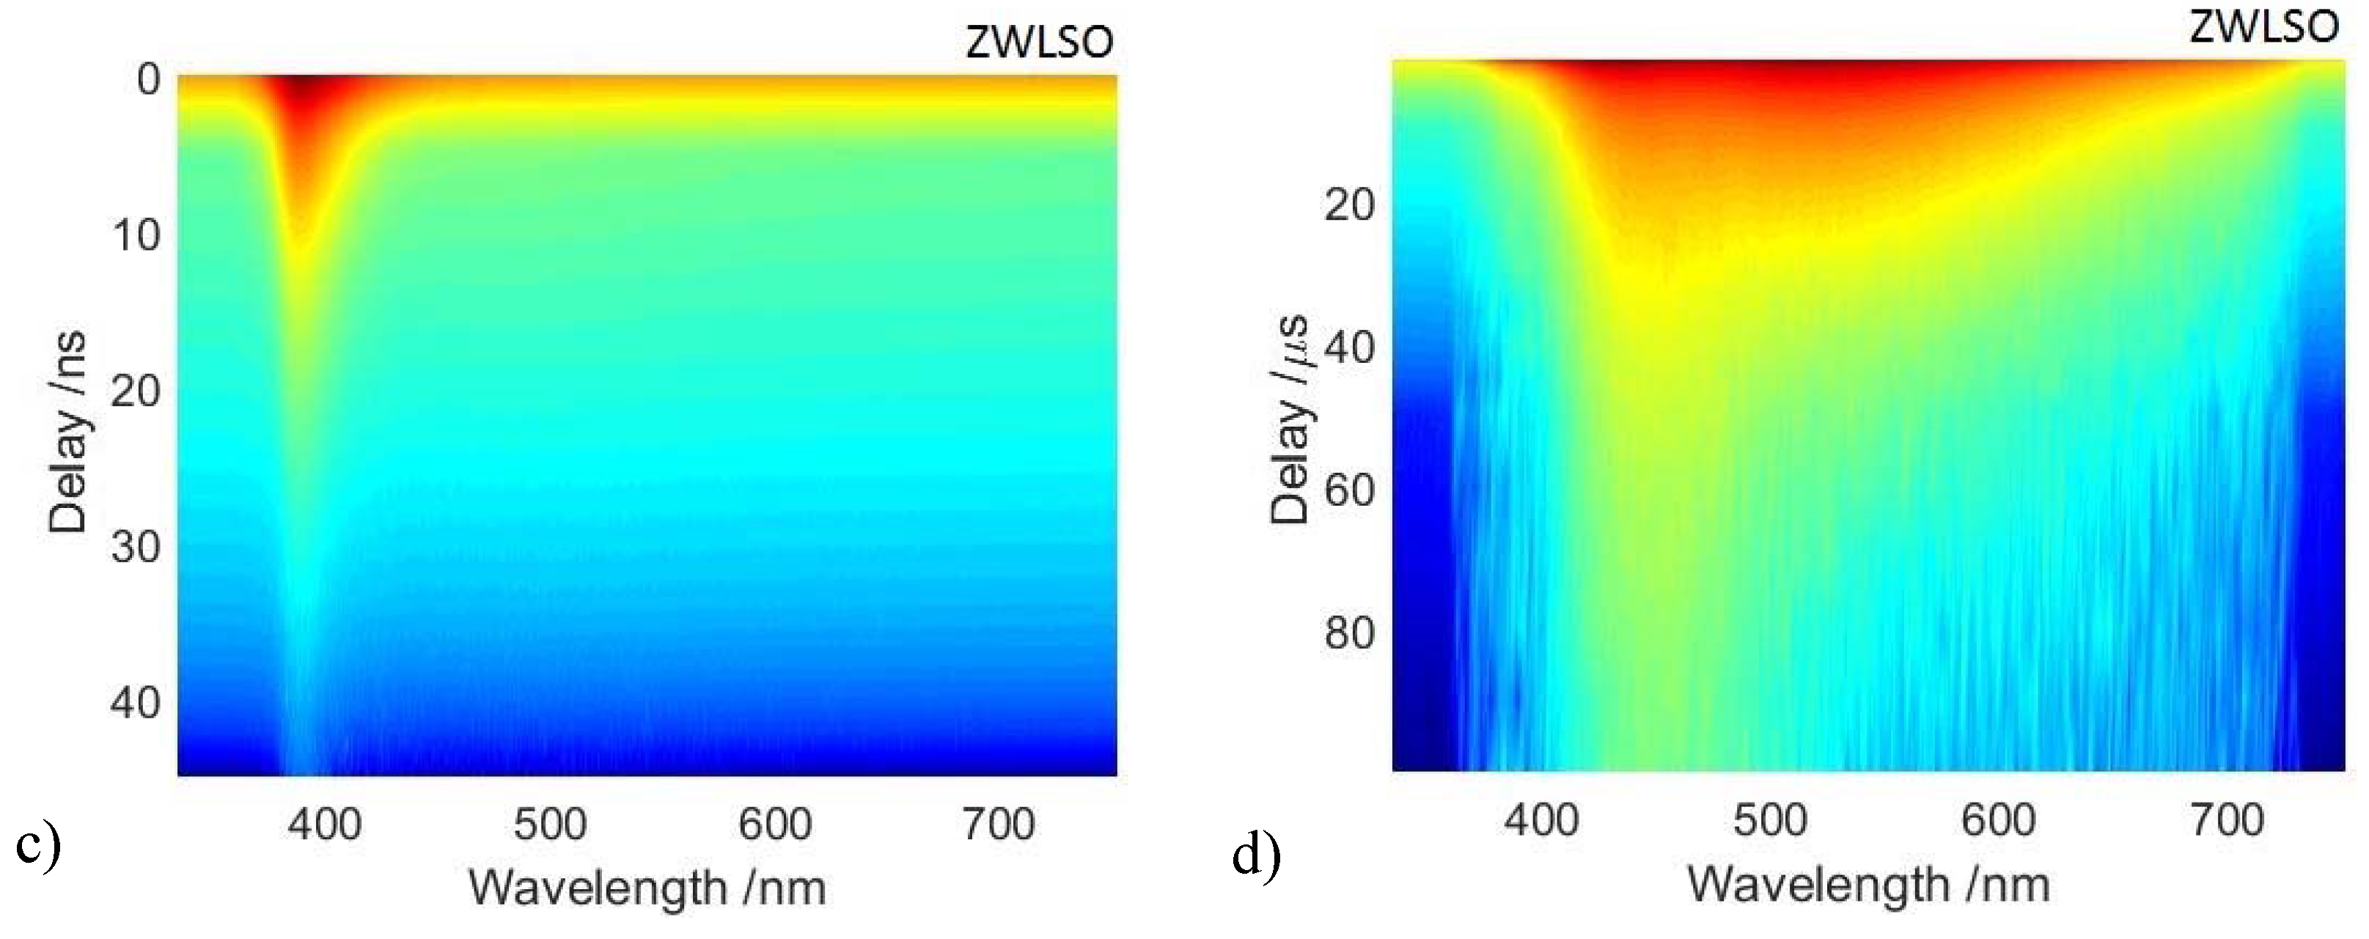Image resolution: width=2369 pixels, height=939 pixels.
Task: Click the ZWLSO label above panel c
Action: pyautogui.click(x=1038, y=43)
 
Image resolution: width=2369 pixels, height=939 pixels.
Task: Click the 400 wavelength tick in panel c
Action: pyautogui.click(x=325, y=823)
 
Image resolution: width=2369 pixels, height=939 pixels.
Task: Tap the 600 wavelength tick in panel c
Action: pyautogui.click(x=774, y=823)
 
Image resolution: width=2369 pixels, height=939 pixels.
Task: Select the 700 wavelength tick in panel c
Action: pyautogui.click(x=999, y=823)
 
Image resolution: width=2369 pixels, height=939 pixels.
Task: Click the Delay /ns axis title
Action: pyautogui.click(x=68, y=432)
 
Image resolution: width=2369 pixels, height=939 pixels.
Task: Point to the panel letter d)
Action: pyautogui.click(x=1256, y=856)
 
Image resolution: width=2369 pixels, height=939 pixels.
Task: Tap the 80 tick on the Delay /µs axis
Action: pyautogui.click(x=1350, y=633)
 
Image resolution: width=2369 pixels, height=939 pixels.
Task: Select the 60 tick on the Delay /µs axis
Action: pyautogui.click(x=1350, y=490)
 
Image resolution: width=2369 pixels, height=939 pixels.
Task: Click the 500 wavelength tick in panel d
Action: pyautogui.click(x=1770, y=820)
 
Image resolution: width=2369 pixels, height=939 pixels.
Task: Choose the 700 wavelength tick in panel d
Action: pyautogui.click(x=2227, y=820)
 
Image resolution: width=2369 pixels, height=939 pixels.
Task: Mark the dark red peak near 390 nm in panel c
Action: pyautogui.click(x=303, y=92)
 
